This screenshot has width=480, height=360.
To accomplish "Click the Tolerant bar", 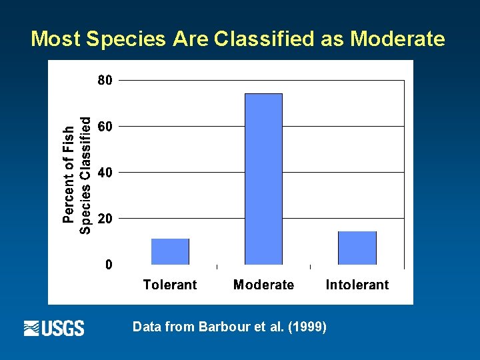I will pyautogui.click(x=170, y=251).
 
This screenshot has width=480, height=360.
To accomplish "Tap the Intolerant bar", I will pyautogui.click(x=357, y=248).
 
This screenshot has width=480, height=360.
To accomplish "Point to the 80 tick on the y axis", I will pyautogui.click(x=105, y=80).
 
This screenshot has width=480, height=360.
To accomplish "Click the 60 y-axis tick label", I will pyautogui.click(x=105, y=126).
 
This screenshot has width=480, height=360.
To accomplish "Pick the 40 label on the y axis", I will pyautogui.click(x=105, y=172).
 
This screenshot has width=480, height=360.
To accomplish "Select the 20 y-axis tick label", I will pyautogui.click(x=105, y=218).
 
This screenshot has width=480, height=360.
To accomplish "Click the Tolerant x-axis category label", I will pyautogui.click(x=170, y=285).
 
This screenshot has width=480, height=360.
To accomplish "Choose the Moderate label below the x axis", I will pyautogui.click(x=263, y=285).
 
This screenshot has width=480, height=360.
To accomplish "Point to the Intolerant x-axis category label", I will pyautogui.click(x=357, y=285).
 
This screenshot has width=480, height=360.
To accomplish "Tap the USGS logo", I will pyautogui.click(x=54, y=328).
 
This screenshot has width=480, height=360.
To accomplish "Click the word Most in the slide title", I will pyautogui.click(x=55, y=39).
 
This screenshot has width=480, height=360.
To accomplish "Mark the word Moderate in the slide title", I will pyautogui.click(x=397, y=39).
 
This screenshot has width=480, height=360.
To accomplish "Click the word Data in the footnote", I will pyautogui.click(x=146, y=327).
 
